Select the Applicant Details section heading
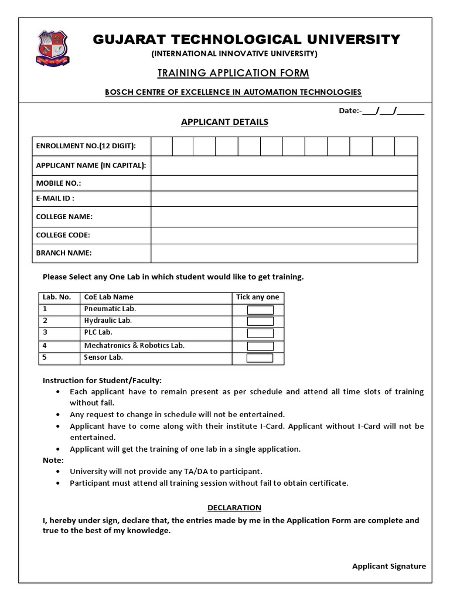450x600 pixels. (224, 122)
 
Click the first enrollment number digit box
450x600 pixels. (161, 146)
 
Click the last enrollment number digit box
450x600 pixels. (406, 146)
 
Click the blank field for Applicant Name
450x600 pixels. (284, 165)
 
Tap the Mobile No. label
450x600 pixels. (59, 183)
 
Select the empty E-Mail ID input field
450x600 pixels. (284, 199)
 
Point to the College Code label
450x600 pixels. (63, 235)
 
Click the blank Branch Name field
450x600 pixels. (284, 253)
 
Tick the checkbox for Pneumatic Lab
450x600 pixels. (260, 310)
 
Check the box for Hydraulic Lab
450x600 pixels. (260, 321)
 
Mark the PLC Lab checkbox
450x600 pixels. (260, 333)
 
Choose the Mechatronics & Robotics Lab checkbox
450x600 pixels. (260, 346)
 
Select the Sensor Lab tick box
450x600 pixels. (260, 358)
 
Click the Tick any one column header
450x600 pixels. (258, 297)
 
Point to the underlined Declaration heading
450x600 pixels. (234, 507)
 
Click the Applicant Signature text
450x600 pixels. (388, 566)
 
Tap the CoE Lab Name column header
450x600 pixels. (109, 297)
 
